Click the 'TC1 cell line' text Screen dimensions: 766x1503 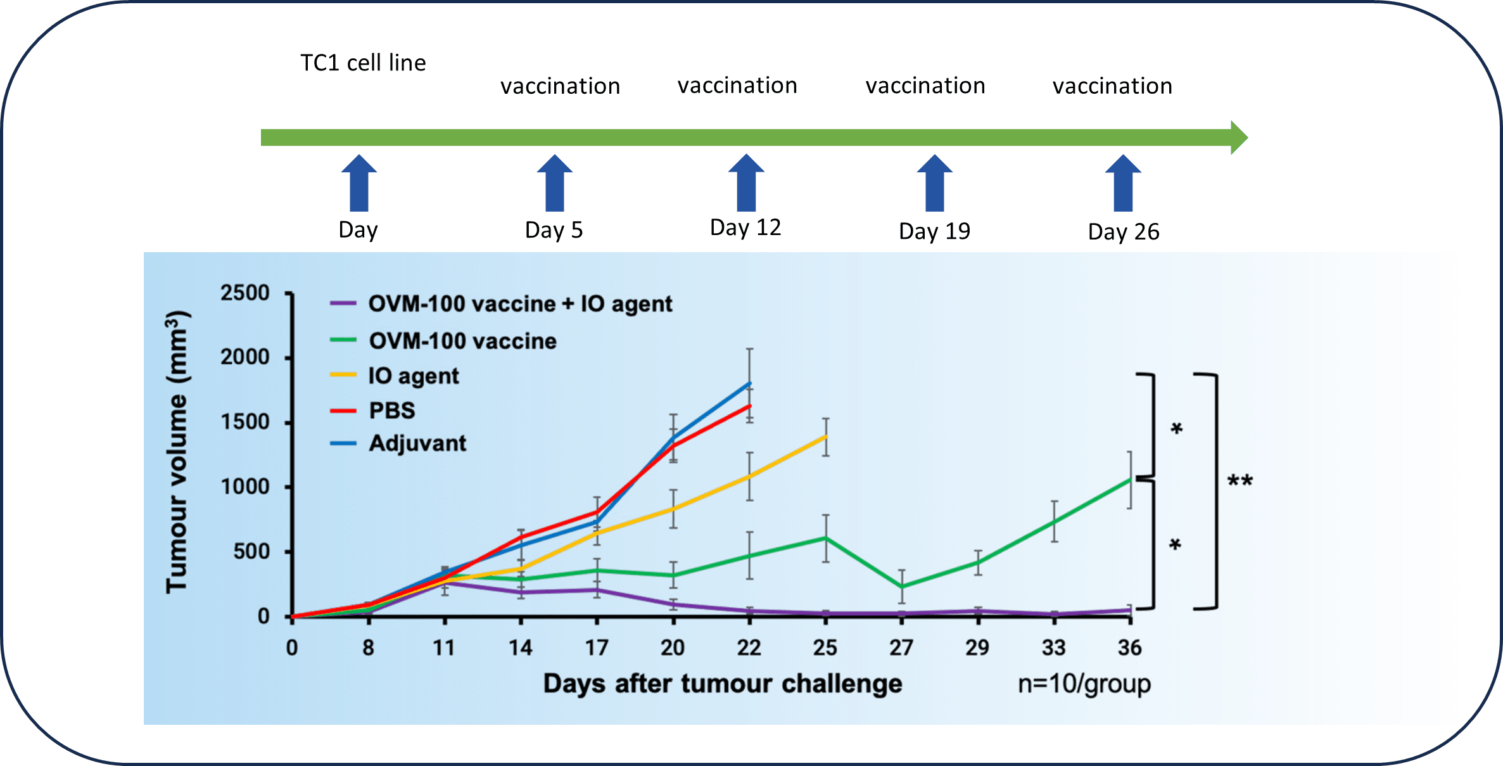[x=363, y=63]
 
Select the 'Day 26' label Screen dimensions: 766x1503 [x=1123, y=232]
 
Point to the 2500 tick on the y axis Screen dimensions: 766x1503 [x=244, y=293]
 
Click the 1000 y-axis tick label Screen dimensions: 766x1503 [x=244, y=487]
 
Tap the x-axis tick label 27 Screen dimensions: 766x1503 [x=901, y=648]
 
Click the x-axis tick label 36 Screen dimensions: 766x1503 [x=1129, y=648]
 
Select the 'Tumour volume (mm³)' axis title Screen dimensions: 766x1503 [x=177, y=452]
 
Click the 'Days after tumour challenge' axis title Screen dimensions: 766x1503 [x=723, y=684]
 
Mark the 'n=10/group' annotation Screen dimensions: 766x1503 [x=1084, y=684]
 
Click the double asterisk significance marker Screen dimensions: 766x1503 [x=1240, y=482]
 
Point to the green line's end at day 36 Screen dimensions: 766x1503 [x=1129, y=480]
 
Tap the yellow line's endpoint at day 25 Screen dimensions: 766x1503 [x=825, y=437]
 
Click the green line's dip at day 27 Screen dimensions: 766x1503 [x=901, y=587]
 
